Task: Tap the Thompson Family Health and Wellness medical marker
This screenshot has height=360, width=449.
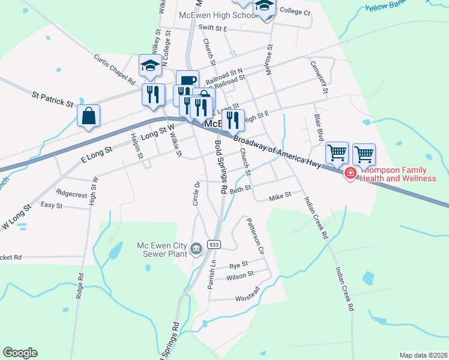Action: pyautogui.click(x=350, y=174)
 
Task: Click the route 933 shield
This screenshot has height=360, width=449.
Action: pyautogui.click(x=214, y=244)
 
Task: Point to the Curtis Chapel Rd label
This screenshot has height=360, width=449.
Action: pyautogui.click(x=115, y=69)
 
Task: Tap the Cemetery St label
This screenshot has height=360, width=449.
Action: pyautogui.click(x=318, y=77)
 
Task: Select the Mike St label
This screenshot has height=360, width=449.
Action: pyautogui.click(x=280, y=196)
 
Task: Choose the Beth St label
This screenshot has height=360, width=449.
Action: pyautogui.click(x=240, y=190)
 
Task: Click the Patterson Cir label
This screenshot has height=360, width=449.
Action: pyautogui.click(x=255, y=235)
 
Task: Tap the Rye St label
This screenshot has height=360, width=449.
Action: pyautogui.click(x=239, y=265)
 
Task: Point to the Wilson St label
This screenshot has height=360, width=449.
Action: pyautogui.click(x=240, y=276)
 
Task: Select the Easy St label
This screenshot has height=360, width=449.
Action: pyautogui.click(x=52, y=206)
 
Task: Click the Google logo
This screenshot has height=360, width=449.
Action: pyautogui.click(x=20, y=353)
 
